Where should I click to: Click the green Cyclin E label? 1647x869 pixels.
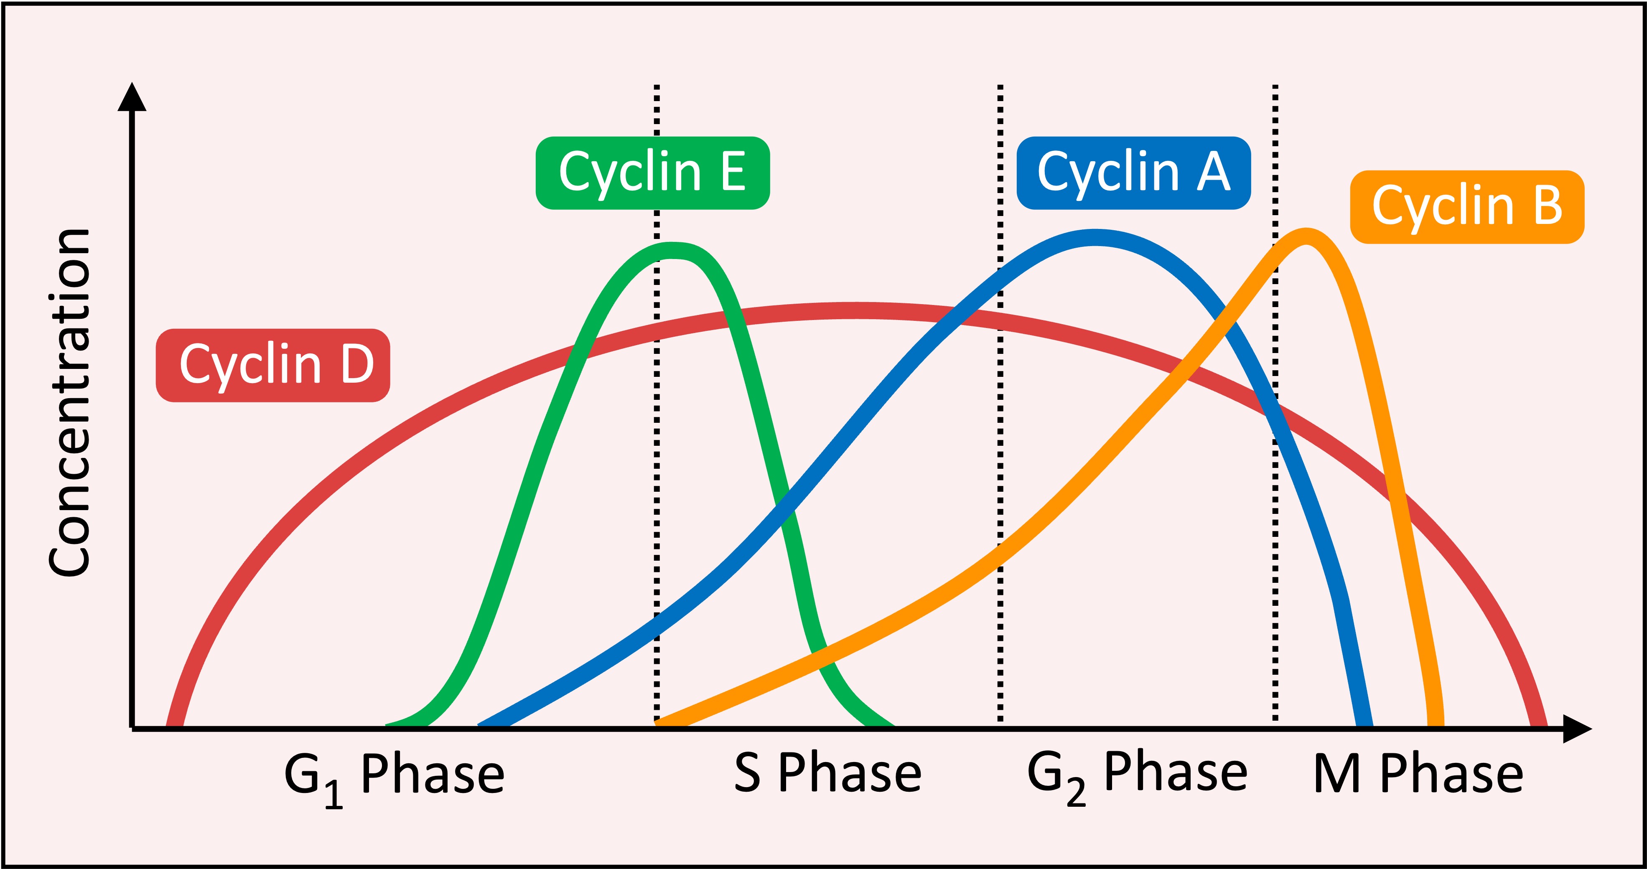tap(652, 173)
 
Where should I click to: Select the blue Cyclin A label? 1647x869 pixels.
tap(1133, 173)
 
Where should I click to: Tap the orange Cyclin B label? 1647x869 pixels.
tap(1467, 206)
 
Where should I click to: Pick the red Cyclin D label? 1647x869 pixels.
tap(273, 365)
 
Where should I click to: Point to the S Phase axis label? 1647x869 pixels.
tap(827, 773)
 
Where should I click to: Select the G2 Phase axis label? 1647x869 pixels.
tap(1137, 775)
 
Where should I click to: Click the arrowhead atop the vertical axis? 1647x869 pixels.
tap(132, 97)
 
